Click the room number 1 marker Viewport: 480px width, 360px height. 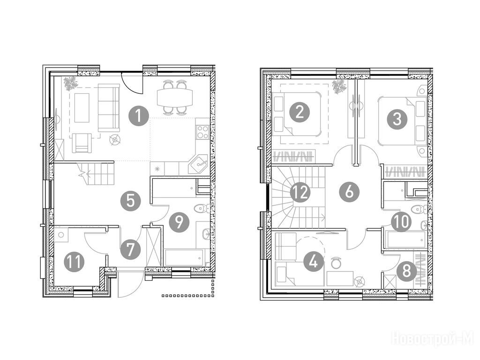click(x=139, y=116)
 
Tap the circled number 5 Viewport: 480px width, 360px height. click(x=130, y=202)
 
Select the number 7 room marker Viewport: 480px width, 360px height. click(x=130, y=250)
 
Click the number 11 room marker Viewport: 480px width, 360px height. click(x=74, y=262)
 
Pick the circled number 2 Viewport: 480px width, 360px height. click(x=300, y=112)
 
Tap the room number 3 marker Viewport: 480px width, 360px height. click(x=397, y=119)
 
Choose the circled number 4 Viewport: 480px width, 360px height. click(x=314, y=262)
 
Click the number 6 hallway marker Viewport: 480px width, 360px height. click(x=349, y=192)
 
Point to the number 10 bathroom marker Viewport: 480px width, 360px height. click(x=402, y=221)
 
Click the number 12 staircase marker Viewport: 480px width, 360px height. click(x=300, y=193)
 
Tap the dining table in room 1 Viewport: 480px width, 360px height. click(x=175, y=97)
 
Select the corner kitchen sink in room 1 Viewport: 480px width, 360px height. click(x=198, y=164)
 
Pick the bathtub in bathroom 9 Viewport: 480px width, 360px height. click(x=184, y=257)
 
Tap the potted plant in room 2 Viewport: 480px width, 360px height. click(x=339, y=86)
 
